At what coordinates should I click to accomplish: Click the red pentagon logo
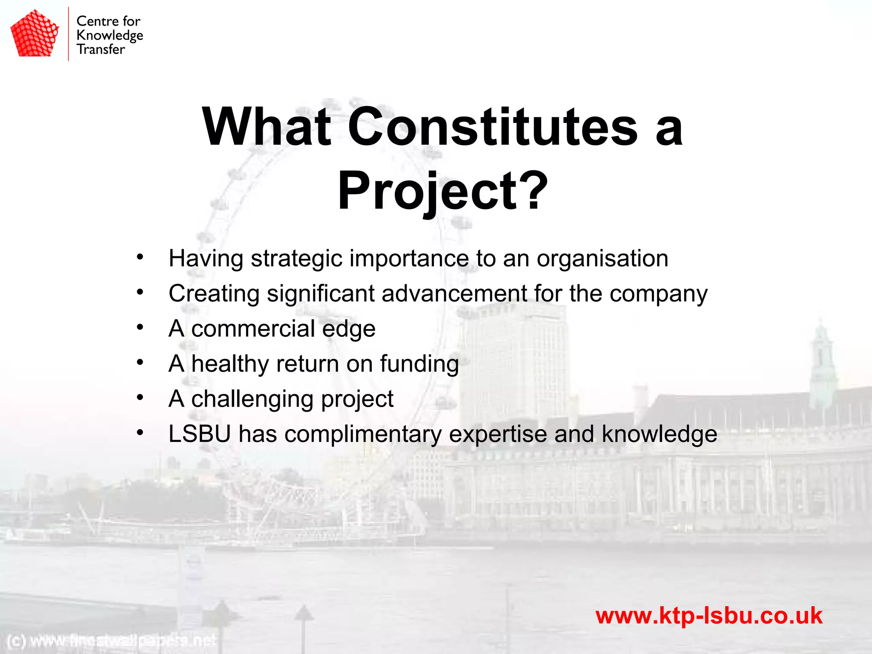click(x=34, y=34)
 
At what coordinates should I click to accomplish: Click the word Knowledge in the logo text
click(x=110, y=35)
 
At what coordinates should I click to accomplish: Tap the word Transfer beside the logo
click(x=101, y=49)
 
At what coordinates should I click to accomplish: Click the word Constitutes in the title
click(x=493, y=127)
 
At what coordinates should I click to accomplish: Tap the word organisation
click(x=602, y=259)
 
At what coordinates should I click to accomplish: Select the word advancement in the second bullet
click(x=454, y=294)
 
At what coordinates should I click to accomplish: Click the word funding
click(x=419, y=364)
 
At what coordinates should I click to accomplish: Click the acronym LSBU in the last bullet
click(x=199, y=434)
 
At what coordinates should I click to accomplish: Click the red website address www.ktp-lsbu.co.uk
click(x=708, y=616)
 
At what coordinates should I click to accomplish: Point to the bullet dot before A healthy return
click(x=140, y=362)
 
